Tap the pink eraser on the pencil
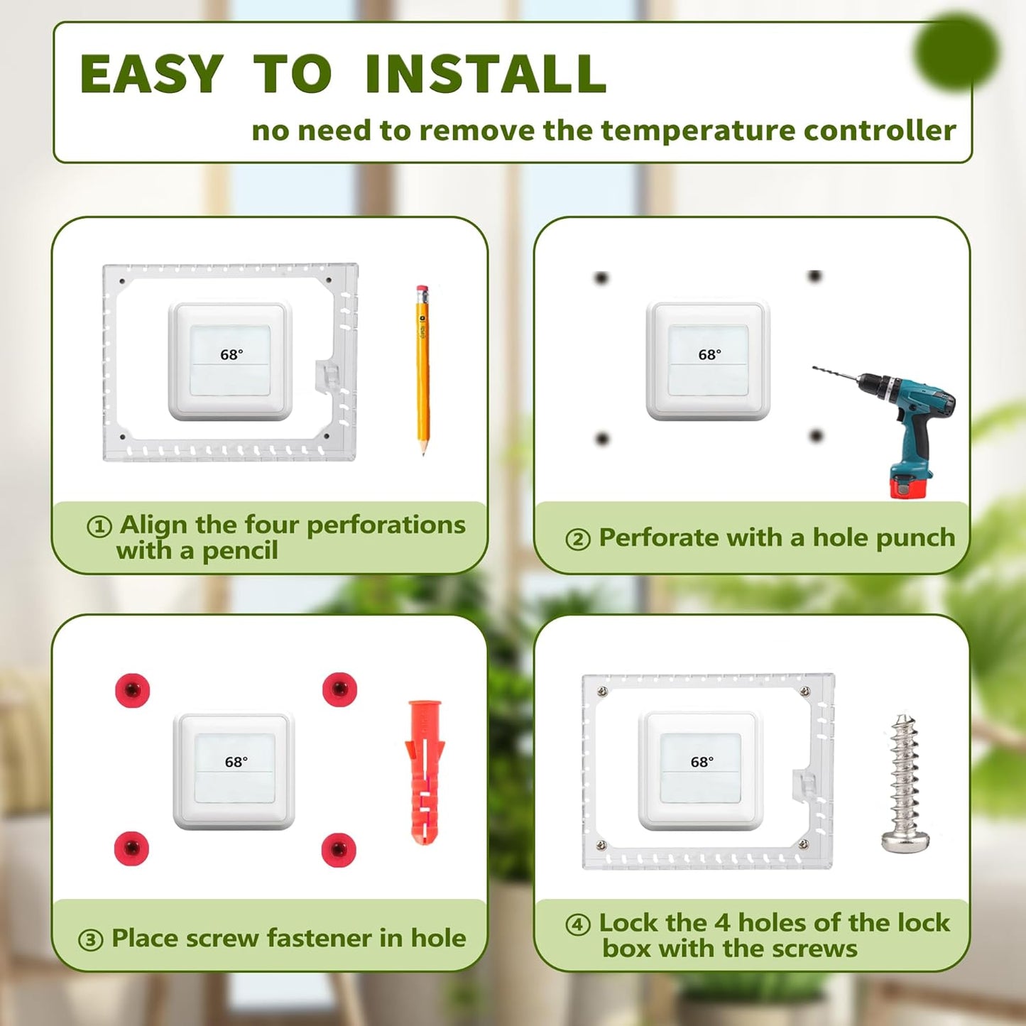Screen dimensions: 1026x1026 click(422, 290)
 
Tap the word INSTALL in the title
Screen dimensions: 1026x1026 click(486, 75)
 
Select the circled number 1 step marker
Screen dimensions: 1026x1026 click(99, 527)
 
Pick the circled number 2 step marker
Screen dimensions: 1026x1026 click(578, 540)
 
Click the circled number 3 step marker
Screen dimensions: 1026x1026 click(90, 940)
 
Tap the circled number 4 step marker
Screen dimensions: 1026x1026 click(578, 924)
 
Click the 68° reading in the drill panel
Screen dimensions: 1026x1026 click(709, 355)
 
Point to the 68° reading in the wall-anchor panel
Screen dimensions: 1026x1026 click(236, 762)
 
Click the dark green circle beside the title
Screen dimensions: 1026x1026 click(956, 51)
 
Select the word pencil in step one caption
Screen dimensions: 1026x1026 click(239, 551)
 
